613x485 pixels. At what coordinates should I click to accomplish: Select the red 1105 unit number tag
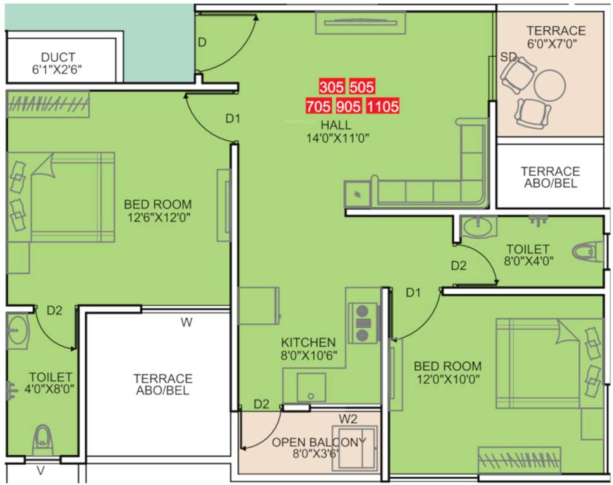point(383,105)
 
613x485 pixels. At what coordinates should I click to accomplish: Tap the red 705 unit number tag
point(318,105)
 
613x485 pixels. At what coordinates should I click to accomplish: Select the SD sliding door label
point(508,57)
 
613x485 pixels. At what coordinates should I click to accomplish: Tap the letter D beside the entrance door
point(202,42)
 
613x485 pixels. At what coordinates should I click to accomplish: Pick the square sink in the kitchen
point(310,387)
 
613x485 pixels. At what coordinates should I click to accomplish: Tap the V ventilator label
point(41,470)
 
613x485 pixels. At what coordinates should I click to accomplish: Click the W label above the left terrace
point(186,323)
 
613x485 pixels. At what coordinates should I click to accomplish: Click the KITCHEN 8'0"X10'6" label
point(308,349)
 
